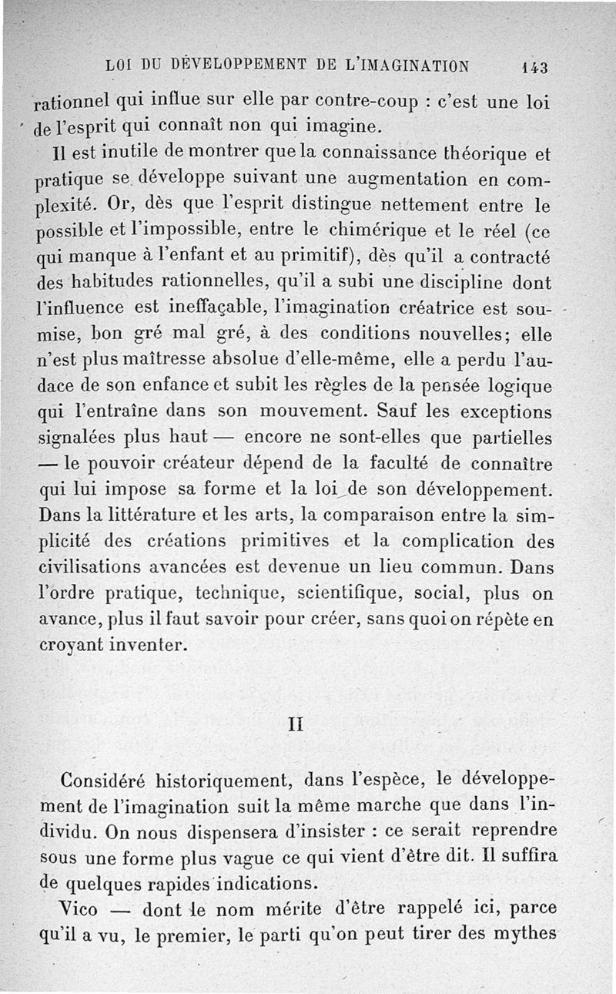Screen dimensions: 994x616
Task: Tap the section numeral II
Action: click(x=293, y=724)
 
